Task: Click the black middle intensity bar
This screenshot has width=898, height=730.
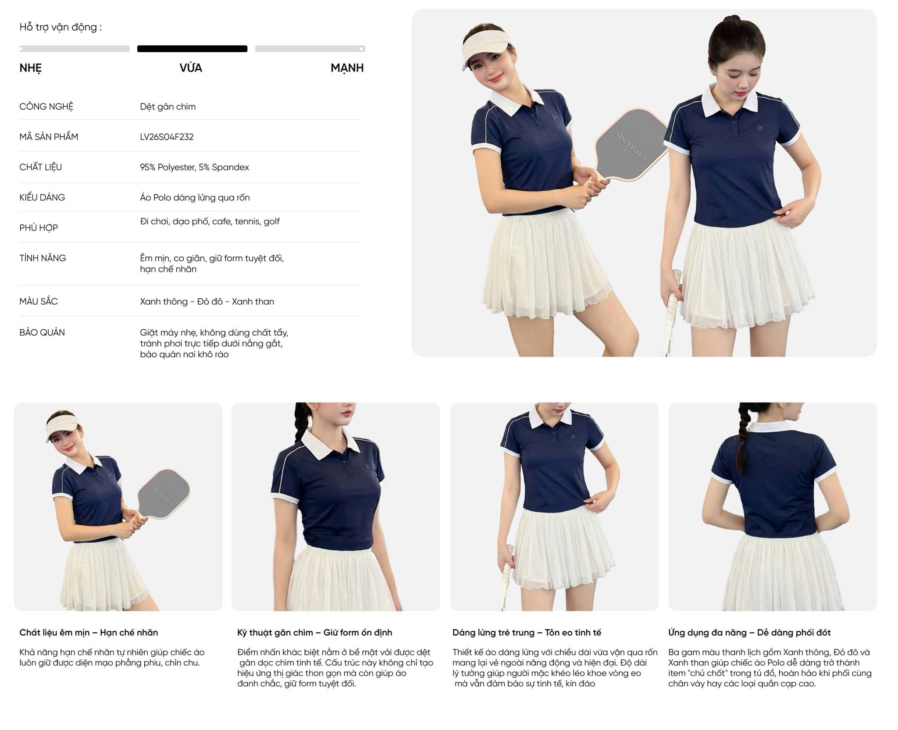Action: point(192,49)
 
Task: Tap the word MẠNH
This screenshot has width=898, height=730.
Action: point(347,68)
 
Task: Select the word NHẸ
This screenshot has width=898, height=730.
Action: point(31,68)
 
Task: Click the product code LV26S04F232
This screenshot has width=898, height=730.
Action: point(167,137)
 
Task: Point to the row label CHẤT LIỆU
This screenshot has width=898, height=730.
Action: point(41,167)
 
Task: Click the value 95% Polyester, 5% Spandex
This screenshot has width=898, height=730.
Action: point(194,167)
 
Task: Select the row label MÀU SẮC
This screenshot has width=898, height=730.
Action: point(39,301)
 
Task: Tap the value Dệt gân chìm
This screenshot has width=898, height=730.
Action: point(167,107)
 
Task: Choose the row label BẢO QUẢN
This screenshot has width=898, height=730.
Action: point(42,332)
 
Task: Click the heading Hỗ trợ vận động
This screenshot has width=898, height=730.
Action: point(61,27)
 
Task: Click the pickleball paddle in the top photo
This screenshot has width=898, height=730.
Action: point(622,149)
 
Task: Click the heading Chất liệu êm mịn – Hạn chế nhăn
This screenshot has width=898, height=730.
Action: point(89,632)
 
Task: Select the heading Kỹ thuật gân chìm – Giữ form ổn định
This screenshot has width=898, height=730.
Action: point(315,632)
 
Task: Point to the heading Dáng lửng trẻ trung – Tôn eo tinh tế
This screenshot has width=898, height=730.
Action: point(527,632)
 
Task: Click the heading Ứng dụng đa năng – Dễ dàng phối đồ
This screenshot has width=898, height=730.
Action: point(749,632)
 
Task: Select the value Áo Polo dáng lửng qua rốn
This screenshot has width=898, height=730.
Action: point(195,197)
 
